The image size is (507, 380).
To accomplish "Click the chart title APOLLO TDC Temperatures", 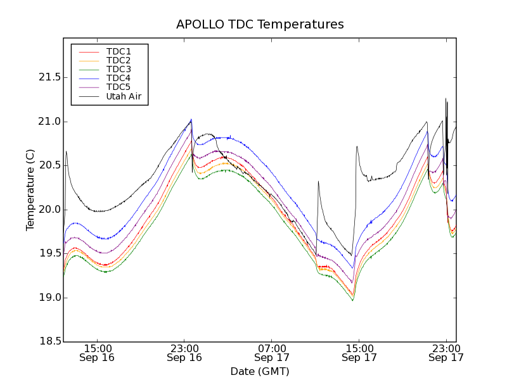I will [260, 25].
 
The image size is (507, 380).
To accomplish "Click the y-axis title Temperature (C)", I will [30, 190].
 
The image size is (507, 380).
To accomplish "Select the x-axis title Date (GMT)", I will [260, 371].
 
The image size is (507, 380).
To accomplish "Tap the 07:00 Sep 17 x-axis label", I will [272, 353].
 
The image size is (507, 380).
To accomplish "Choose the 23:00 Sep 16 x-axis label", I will [184, 353].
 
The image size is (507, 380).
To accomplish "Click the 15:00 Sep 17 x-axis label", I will [359, 353].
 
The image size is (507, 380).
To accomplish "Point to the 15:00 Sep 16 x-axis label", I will [97, 353].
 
